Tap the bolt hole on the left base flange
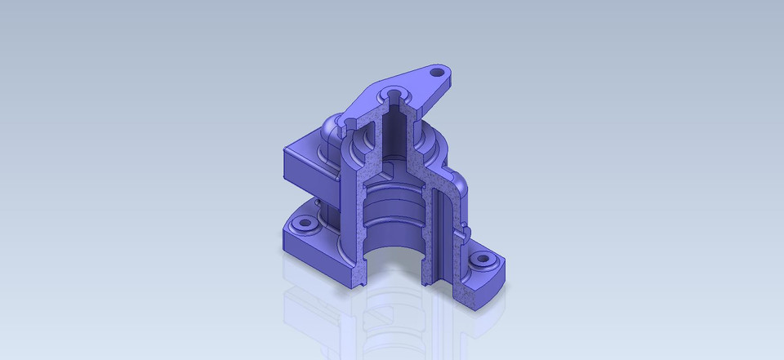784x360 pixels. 306,222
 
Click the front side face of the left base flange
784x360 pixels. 310,257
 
